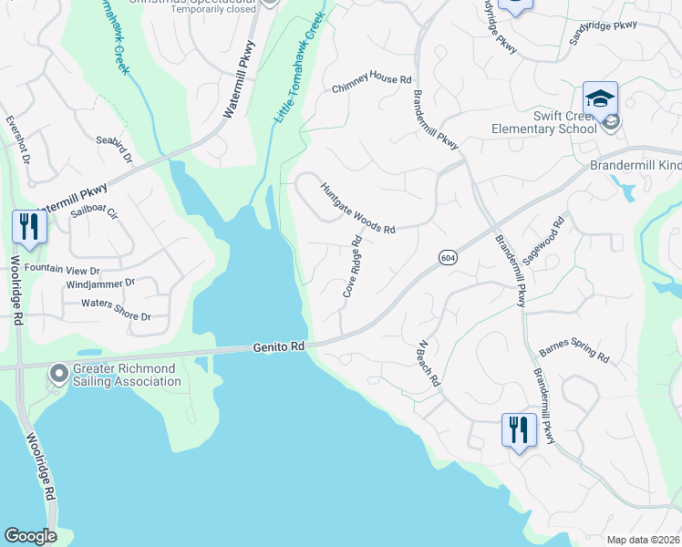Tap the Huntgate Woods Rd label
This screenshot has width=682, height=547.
357,209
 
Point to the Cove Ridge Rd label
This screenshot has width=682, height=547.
353,267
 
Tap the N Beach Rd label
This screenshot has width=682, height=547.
429,365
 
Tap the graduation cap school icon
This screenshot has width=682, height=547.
601,98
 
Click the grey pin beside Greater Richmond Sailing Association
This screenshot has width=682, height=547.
60,374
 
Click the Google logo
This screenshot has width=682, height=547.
30,536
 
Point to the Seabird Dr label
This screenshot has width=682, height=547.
114,150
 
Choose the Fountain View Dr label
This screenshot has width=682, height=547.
61,270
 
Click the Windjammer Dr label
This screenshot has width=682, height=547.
100,284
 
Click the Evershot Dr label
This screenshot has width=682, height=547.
17,139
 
